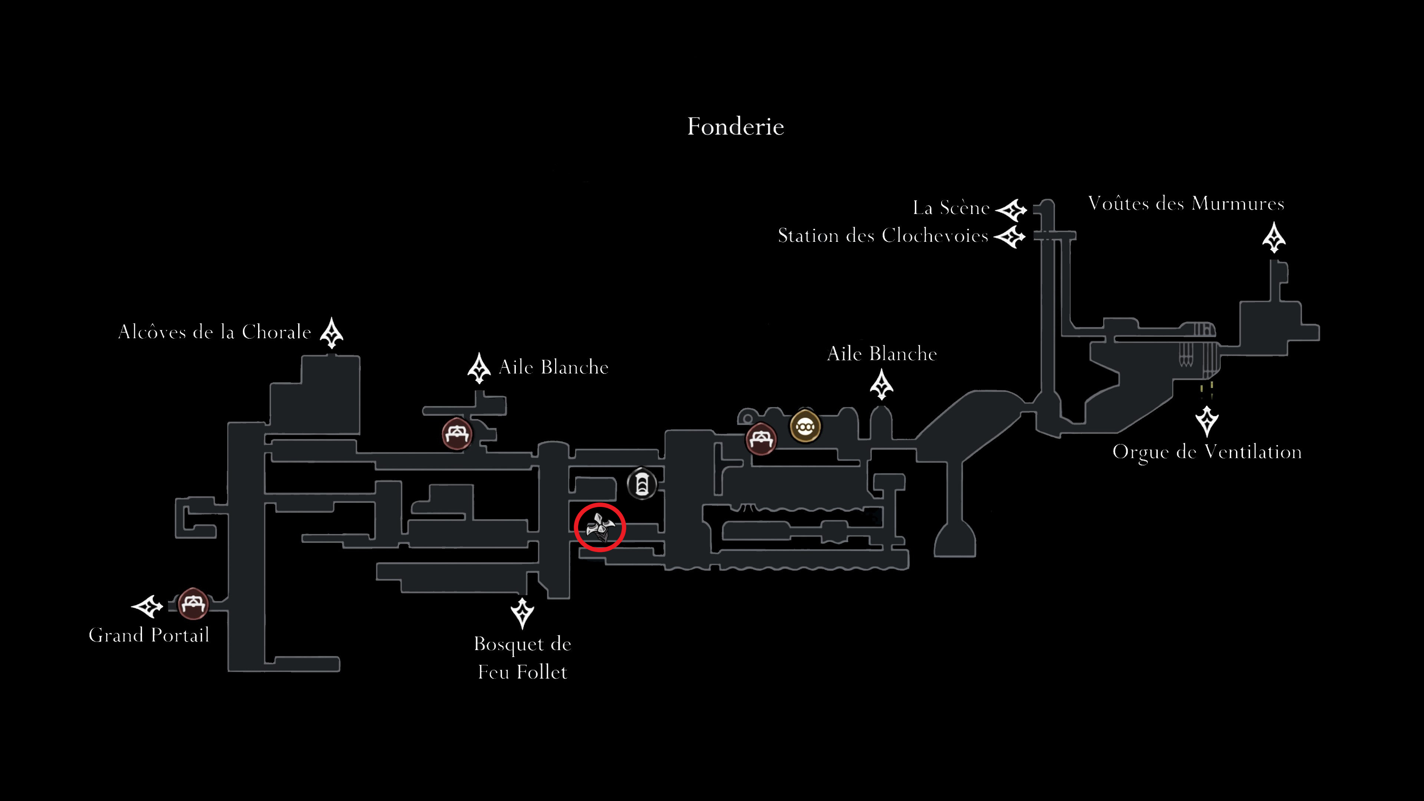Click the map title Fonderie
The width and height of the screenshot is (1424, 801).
click(735, 126)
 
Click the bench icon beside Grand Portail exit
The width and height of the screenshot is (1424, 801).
click(193, 604)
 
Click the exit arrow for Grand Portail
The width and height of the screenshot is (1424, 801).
click(147, 606)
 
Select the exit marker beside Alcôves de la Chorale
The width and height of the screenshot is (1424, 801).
click(332, 332)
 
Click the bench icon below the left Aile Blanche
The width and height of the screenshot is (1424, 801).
click(456, 434)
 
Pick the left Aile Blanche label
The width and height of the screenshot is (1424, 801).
click(553, 367)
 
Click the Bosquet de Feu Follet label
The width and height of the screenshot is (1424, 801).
click(523, 658)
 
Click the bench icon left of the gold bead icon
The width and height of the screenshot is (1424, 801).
click(761, 439)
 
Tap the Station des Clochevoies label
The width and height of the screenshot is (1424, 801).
click(883, 236)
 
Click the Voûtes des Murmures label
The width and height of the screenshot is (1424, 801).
click(1186, 204)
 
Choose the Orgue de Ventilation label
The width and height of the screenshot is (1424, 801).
click(1207, 452)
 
